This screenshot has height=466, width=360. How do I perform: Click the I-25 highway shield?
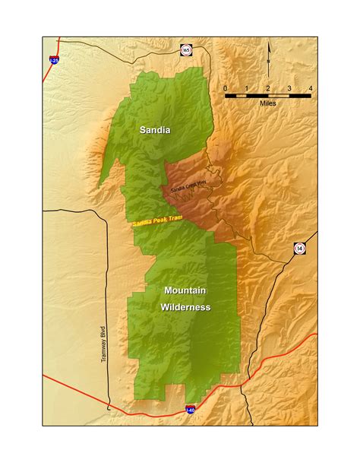[54, 59]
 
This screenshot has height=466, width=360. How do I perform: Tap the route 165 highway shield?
[185, 51]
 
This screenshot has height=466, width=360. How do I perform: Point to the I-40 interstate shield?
[190, 410]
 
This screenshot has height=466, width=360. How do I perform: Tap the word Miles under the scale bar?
[267, 103]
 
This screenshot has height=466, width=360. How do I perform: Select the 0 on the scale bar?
[226, 89]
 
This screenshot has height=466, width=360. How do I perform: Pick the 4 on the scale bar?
[310, 89]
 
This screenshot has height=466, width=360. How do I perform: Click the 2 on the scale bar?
[267, 89]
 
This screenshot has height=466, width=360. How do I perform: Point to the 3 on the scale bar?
[289, 89]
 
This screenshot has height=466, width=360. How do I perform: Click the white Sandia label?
[155, 130]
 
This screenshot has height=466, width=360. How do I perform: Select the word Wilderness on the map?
[185, 307]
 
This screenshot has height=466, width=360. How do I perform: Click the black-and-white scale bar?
[267, 96]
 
